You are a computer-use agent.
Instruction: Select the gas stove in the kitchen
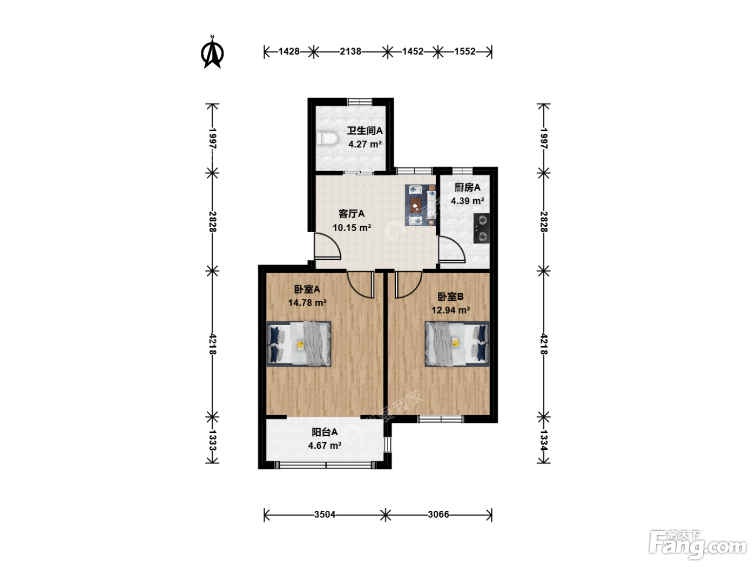(481, 228)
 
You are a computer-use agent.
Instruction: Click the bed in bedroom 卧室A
(299, 343)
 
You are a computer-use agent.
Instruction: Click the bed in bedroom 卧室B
(457, 343)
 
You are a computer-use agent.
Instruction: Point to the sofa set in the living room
(420, 205)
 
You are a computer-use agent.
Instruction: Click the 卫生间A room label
(364, 131)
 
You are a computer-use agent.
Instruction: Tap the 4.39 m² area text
(468, 201)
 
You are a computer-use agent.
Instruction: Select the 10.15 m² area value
(352, 227)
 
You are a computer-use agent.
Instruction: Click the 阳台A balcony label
(325, 431)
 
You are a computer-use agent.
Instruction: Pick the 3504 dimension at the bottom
(325, 514)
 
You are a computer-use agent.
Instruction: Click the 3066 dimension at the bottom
(438, 514)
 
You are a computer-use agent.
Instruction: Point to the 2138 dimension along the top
(350, 51)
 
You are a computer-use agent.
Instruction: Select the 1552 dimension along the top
(464, 51)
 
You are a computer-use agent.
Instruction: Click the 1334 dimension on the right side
(543, 440)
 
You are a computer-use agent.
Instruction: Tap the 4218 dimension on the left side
(213, 344)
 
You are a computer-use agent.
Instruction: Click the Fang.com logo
(697, 544)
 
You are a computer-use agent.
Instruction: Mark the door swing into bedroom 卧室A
(361, 285)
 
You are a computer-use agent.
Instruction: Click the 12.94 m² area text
(451, 310)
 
